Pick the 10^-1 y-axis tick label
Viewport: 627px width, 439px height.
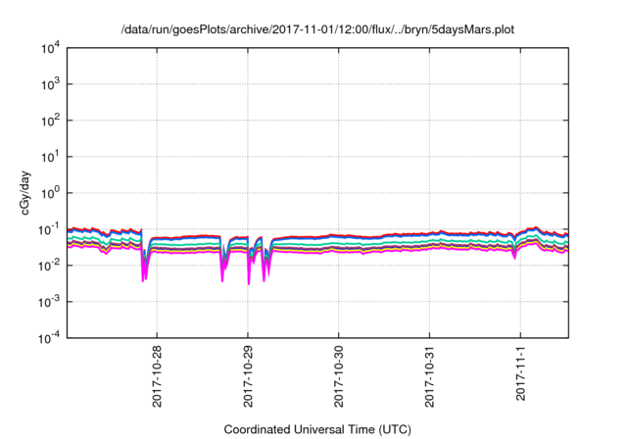click(x=49, y=228)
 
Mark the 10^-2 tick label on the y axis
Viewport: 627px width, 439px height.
click(x=49, y=265)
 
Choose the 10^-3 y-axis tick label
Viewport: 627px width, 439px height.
click(x=49, y=301)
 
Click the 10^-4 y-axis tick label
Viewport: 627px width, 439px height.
click(x=49, y=337)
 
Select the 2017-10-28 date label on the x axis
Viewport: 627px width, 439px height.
click(x=157, y=376)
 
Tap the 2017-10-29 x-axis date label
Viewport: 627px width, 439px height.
click(x=248, y=376)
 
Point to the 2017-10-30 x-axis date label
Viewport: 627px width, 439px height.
click(x=339, y=376)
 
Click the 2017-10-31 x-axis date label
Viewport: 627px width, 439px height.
click(x=430, y=376)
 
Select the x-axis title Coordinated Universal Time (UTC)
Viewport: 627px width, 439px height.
click(x=316, y=429)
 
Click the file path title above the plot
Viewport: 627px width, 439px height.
click(x=316, y=29)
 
